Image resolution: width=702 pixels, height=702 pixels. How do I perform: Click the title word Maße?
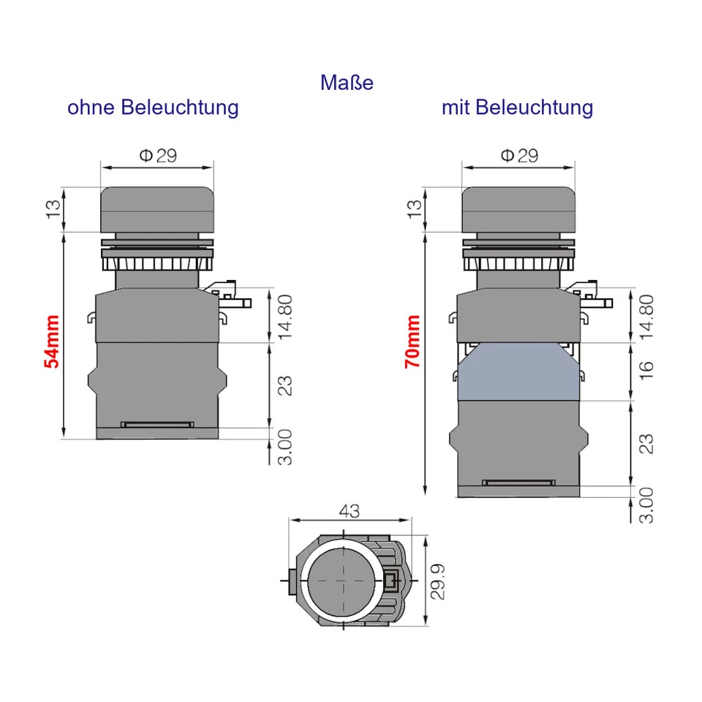pyautogui.click(x=347, y=83)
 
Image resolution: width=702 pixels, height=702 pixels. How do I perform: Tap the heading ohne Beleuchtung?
pyautogui.click(x=153, y=107)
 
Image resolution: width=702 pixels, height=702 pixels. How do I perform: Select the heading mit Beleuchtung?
pyautogui.click(x=517, y=107)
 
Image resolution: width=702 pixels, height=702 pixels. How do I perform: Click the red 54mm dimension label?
pyautogui.click(x=51, y=342)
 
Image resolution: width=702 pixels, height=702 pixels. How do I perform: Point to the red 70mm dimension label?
pyautogui.click(x=413, y=342)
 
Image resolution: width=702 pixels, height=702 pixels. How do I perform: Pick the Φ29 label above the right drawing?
pyautogui.click(x=519, y=155)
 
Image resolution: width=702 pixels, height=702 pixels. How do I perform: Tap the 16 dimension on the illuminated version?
pyautogui.click(x=645, y=371)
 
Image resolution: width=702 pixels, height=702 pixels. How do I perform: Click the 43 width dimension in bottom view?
pyautogui.click(x=350, y=511)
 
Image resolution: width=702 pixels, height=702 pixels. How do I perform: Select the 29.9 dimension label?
pyautogui.click(x=437, y=581)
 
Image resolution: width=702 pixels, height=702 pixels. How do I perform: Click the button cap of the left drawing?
pyautogui.click(x=157, y=209)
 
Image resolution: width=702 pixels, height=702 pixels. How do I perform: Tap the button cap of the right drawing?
pyautogui.click(x=518, y=209)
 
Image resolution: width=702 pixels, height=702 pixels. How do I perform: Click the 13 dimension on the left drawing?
pyautogui.click(x=53, y=209)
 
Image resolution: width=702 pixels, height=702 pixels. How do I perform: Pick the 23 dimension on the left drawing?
pyautogui.click(x=285, y=385)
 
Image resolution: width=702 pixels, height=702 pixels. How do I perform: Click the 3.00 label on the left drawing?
pyautogui.click(x=285, y=448)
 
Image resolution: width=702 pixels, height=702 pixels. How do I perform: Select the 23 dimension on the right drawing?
pyautogui.click(x=645, y=443)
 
